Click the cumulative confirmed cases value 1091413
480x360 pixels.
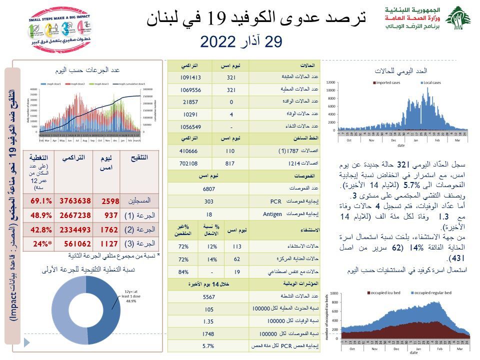click(x=190, y=77)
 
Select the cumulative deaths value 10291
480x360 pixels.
click(x=190, y=113)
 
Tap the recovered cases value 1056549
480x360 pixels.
click(x=190, y=125)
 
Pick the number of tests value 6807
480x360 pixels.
click(x=209, y=189)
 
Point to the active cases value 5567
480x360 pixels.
click(x=209, y=298)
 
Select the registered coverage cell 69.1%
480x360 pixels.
click(x=41, y=201)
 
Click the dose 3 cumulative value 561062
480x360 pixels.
click(x=75, y=244)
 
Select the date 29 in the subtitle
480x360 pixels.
click(x=273, y=42)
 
